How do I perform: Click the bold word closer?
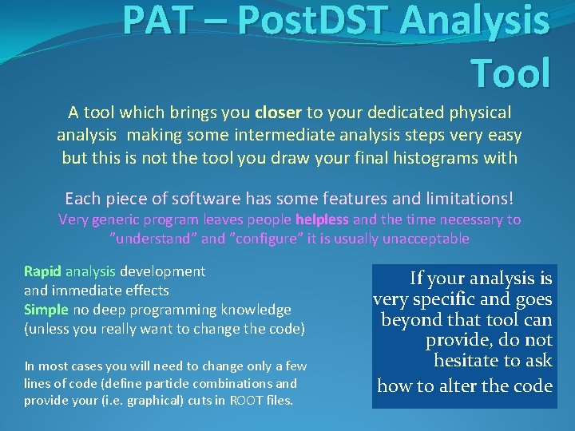click(x=279, y=113)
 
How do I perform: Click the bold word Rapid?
click(x=43, y=271)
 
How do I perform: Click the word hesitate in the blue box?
click(x=471, y=361)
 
